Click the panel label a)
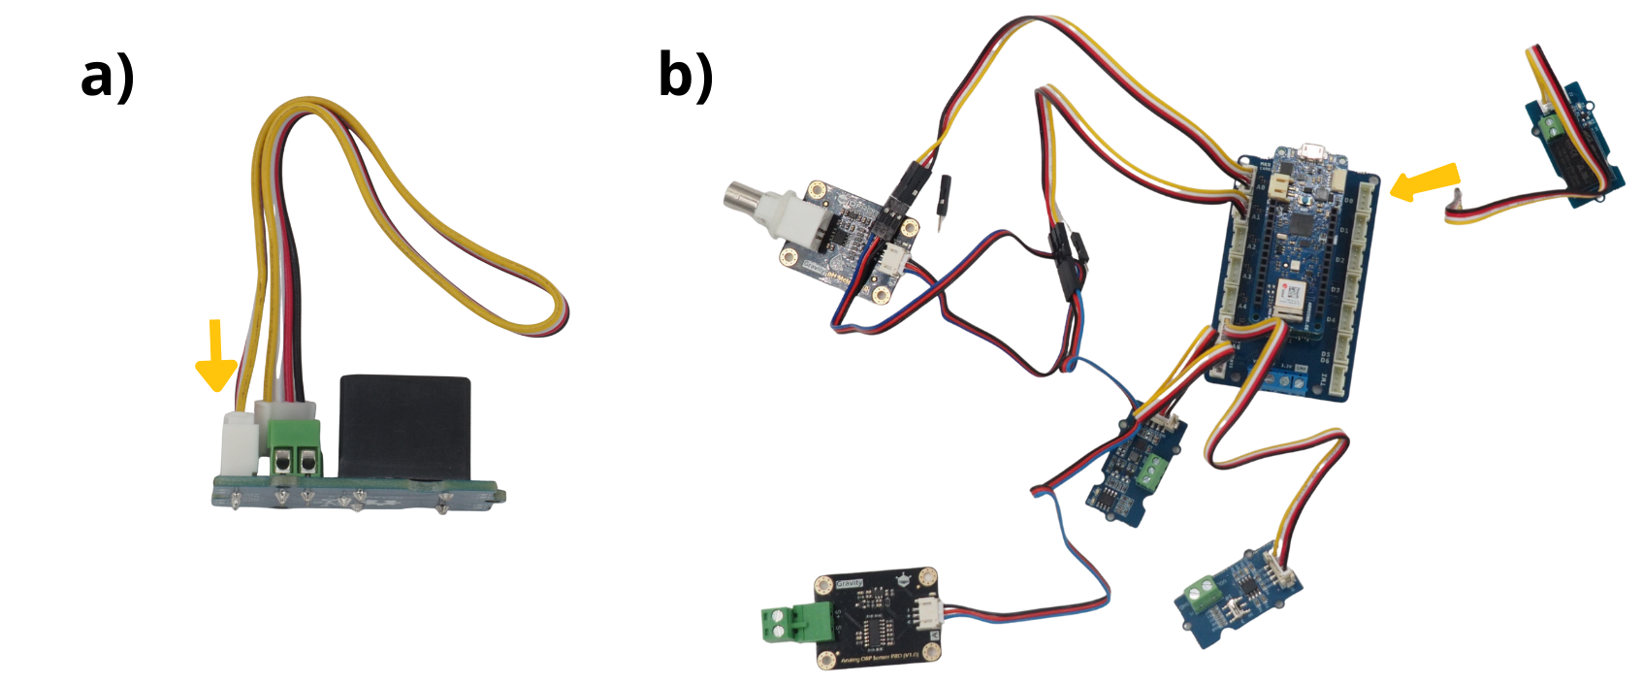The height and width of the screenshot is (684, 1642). (x=108, y=77)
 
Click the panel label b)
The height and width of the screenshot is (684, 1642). (x=686, y=75)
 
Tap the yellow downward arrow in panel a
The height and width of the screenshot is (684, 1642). (x=216, y=356)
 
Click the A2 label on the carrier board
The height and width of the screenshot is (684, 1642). (x=1251, y=247)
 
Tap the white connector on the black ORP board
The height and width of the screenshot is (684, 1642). (x=929, y=612)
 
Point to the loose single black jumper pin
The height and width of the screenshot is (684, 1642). (x=944, y=200)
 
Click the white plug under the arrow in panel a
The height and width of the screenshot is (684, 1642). (x=238, y=441)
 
